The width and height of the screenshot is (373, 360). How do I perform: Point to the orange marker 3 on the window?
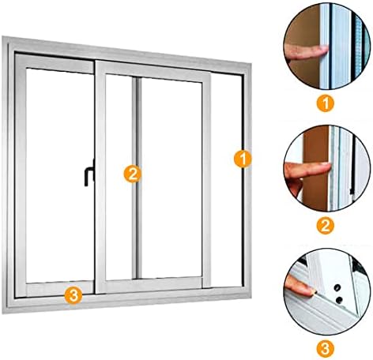tap(72, 295)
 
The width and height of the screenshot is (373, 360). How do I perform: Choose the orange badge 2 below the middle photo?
tap(323, 226)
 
